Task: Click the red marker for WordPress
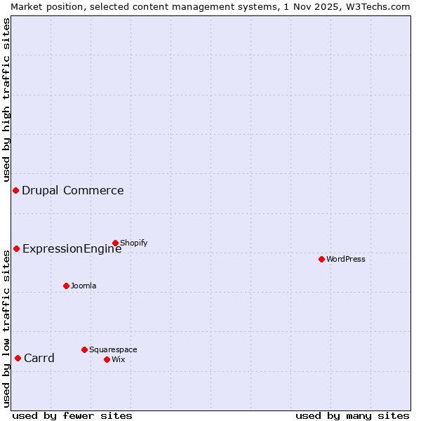tap(321, 259)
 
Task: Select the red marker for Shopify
tap(115, 243)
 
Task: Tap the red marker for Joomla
tap(66, 286)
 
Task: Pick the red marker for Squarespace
tap(84, 349)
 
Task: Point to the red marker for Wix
tap(107, 359)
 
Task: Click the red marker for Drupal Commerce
tap(15, 191)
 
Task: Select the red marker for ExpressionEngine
tap(16, 248)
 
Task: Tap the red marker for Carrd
tap(18, 358)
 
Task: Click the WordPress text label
tap(346, 259)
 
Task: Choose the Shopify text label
tap(133, 243)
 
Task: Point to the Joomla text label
tap(83, 286)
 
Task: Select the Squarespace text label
tap(113, 349)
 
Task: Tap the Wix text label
tap(119, 359)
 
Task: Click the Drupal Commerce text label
tap(73, 190)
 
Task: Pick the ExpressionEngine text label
tap(72, 248)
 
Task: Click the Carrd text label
tap(39, 358)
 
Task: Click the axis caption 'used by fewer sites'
tap(72, 415)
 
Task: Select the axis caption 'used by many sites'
tap(352, 415)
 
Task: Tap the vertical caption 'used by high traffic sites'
tap(6, 100)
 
